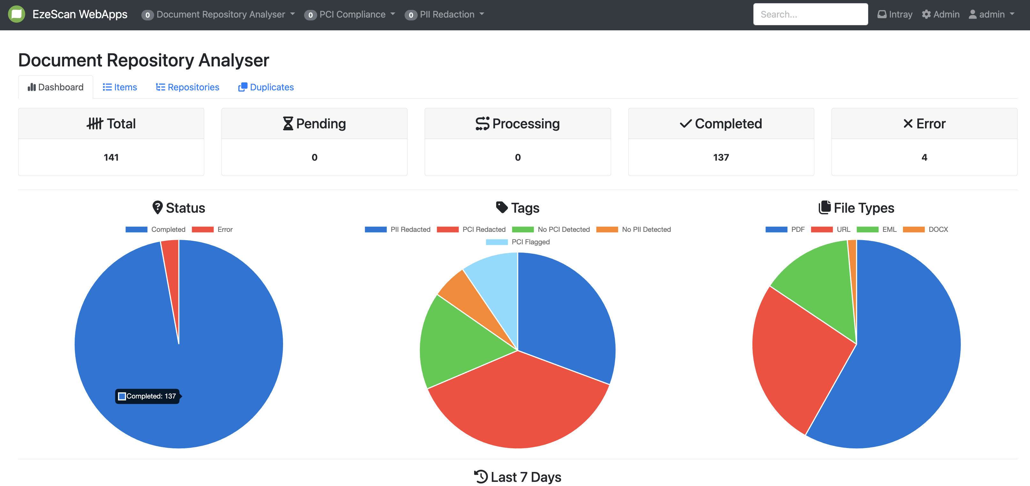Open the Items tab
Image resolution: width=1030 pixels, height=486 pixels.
pos(120,87)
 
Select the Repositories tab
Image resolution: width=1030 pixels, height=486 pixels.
pos(188,87)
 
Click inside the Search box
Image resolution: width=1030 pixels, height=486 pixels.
pos(810,14)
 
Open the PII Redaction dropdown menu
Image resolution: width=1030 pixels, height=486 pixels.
pos(444,14)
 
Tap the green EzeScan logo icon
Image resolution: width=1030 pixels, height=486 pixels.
pos(16,14)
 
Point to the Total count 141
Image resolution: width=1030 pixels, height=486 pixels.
pos(111,157)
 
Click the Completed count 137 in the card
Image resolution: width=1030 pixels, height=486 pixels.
pos(721,157)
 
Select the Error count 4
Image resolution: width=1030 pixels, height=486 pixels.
pos(924,157)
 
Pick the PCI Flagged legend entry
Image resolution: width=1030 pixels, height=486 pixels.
pos(518,242)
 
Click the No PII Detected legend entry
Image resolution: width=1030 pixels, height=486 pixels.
pos(633,230)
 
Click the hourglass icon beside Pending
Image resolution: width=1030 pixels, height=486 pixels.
pos(288,124)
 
